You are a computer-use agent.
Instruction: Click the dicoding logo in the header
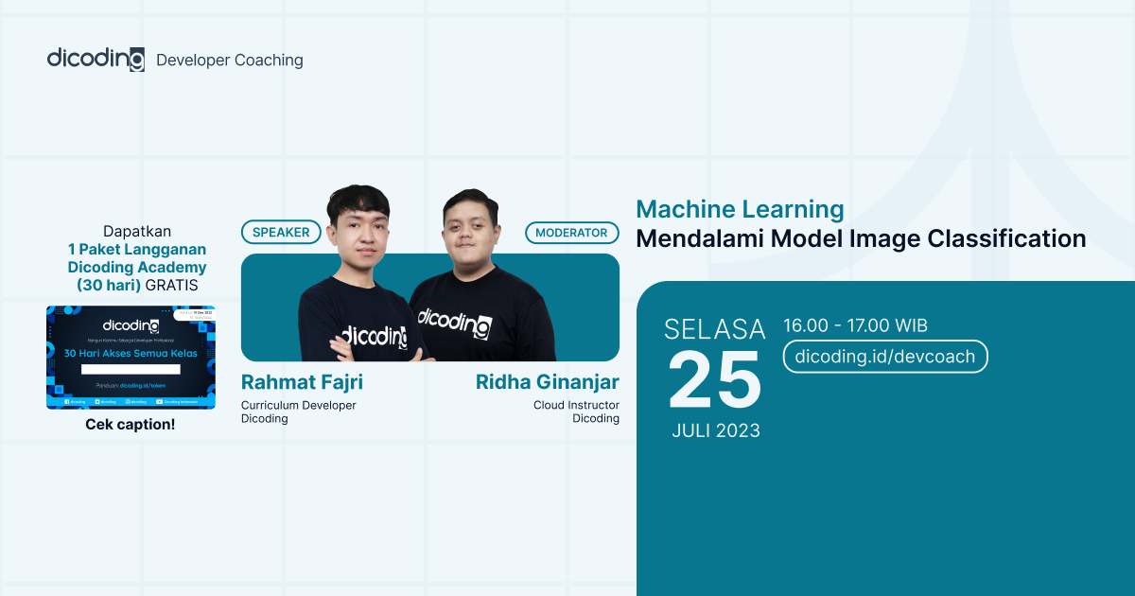click(96, 59)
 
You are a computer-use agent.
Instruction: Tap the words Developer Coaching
click(230, 61)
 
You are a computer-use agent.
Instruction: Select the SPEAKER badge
click(281, 232)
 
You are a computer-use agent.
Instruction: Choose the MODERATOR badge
click(571, 232)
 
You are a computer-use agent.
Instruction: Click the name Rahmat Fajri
click(302, 382)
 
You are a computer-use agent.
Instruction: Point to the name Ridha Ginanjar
click(547, 382)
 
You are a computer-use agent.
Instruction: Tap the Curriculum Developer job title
click(299, 405)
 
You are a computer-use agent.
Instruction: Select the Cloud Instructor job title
click(576, 405)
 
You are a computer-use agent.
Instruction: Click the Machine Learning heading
click(740, 209)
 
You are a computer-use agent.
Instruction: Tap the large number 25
click(715, 380)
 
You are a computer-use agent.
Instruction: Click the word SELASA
click(715, 329)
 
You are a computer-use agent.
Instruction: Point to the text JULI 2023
click(716, 430)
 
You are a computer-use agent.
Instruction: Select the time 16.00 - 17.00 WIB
click(855, 326)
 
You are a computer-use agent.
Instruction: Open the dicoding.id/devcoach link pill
click(885, 357)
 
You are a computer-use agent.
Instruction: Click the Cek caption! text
click(131, 424)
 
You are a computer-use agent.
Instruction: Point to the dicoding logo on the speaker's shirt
click(374, 335)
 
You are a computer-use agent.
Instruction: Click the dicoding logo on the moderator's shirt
click(454, 321)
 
